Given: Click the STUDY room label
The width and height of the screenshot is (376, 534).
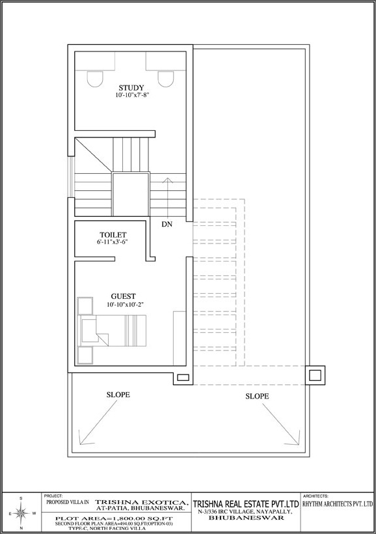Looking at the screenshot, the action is click(x=131, y=88).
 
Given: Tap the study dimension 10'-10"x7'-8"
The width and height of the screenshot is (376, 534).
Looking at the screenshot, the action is click(x=132, y=96).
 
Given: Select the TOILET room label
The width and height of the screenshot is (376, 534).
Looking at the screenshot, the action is click(x=113, y=234).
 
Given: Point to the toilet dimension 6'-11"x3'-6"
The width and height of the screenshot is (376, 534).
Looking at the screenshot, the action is click(x=112, y=242).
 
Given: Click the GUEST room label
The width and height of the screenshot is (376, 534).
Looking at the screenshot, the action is click(x=123, y=296).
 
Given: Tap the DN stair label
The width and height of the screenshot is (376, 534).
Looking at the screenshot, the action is click(x=167, y=224).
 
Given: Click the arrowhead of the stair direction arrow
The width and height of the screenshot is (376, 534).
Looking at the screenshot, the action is click(x=167, y=180).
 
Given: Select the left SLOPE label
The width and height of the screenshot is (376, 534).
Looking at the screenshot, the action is click(x=118, y=395).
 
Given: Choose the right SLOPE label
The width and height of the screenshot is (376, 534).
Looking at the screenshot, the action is click(x=257, y=396).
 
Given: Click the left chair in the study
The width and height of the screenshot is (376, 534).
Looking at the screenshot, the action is click(x=95, y=79).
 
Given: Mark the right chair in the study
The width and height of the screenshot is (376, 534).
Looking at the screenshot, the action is click(x=166, y=79).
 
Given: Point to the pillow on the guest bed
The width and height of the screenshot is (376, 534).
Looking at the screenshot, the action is click(x=89, y=331).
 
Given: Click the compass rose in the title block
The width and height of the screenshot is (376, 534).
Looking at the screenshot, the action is click(x=21, y=513).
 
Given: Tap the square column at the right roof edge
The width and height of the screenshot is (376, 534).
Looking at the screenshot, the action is click(x=315, y=375).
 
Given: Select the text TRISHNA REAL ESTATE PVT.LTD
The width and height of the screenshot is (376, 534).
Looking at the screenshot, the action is click(x=246, y=503).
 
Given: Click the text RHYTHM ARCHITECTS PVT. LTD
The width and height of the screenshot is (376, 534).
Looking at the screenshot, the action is click(x=338, y=504).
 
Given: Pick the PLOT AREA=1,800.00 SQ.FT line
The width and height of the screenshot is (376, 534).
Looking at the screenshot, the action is click(x=114, y=518).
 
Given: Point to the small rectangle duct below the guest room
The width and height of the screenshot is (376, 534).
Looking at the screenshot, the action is click(x=183, y=377).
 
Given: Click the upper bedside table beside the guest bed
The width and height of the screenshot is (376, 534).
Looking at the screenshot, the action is click(x=85, y=305).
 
